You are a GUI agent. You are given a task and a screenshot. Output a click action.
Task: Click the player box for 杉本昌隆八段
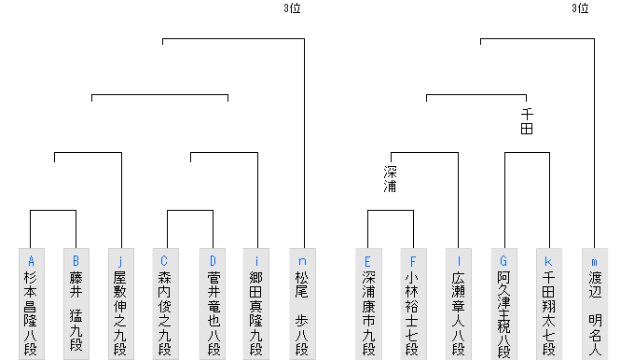click(31, 303)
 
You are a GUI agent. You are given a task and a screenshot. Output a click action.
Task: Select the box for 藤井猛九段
click(76, 303)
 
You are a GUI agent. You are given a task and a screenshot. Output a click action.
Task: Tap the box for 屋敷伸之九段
click(121, 303)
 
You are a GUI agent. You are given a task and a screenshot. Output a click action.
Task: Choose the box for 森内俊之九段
click(166, 303)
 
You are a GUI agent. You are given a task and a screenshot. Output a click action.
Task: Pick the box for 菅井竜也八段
click(212, 303)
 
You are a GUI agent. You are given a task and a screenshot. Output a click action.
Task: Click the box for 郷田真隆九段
click(256, 303)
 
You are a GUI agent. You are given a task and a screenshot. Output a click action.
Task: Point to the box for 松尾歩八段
click(302, 303)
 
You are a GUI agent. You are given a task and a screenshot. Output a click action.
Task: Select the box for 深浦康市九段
click(368, 303)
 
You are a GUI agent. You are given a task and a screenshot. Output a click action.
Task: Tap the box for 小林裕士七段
click(413, 303)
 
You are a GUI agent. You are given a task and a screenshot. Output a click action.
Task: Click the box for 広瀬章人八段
click(459, 303)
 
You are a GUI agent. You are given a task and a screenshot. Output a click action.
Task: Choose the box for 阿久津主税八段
click(504, 303)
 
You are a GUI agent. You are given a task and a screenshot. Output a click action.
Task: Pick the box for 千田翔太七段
click(549, 303)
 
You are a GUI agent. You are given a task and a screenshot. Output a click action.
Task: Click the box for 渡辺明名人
click(595, 303)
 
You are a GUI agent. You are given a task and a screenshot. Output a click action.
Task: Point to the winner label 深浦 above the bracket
click(391, 179)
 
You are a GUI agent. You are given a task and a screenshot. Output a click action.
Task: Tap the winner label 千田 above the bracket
click(527, 121)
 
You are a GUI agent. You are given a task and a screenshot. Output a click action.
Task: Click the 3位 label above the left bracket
click(292, 9)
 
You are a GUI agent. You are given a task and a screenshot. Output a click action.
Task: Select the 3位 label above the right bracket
click(580, 9)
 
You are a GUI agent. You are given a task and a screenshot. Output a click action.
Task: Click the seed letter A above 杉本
click(31, 260)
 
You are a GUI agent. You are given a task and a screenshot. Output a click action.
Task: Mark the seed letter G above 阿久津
click(504, 260)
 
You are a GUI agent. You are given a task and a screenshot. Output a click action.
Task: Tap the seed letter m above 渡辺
click(595, 260)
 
